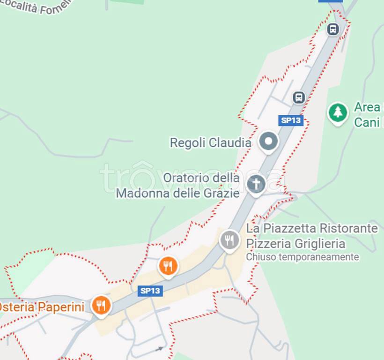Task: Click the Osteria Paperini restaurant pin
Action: (x=101, y=305)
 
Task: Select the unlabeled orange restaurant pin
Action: (x=168, y=266)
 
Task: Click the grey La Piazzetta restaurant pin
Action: (x=229, y=240)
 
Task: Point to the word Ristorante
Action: (x=348, y=228)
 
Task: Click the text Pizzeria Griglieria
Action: (x=295, y=244)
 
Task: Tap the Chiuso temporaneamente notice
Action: (x=303, y=257)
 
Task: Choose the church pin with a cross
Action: (x=256, y=183)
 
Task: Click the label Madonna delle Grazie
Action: (x=178, y=193)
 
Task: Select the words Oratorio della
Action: (x=201, y=178)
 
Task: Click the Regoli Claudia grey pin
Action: (x=268, y=141)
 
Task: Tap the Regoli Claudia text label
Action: (x=210, y=142)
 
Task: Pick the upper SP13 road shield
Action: (x=291, y=120)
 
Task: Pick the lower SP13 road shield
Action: (x=150, y=291)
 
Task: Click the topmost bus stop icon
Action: (x=333, y=29)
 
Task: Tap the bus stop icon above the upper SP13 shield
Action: (x=299, y=97)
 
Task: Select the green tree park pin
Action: (x=338, y=112)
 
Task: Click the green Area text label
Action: (x=367, y=107)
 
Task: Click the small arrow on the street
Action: (x=160, y=349)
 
